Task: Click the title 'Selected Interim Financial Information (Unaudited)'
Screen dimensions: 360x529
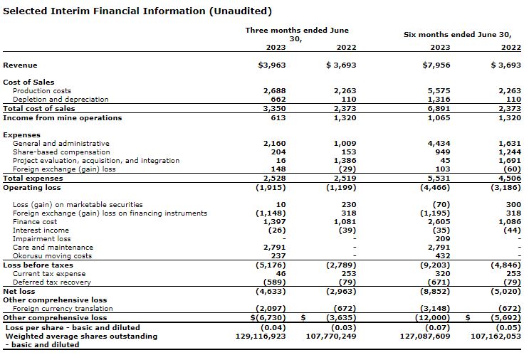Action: click(x=137, y=11)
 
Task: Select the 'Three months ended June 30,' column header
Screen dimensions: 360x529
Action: click(x=297, y=34)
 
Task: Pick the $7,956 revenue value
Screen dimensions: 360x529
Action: click(x=437, y=65)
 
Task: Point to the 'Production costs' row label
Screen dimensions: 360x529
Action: click(x=42, y=91)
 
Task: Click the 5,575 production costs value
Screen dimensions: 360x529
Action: click(x=439, y=91)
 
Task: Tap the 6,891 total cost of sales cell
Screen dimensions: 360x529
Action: click(x=439, y=109)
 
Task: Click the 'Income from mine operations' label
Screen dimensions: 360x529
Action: click(x=63, y=118)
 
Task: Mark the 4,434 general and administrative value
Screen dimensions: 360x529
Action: click(x=439, y=144)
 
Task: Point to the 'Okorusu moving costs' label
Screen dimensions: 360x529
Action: click(x=52, y=256)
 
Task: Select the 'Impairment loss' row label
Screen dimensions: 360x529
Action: click(x=42, y=239)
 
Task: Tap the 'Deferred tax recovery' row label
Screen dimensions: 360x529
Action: click(x=52, y=282)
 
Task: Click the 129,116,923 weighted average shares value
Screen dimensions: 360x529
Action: click(x=261, y=336)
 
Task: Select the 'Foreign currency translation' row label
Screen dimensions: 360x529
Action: click(x=63, y=309)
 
